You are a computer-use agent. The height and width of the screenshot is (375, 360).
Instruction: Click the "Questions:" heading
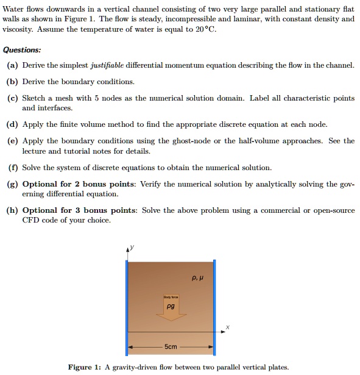[x=22, y=50]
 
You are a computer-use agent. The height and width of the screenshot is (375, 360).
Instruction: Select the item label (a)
[x=12, y=65]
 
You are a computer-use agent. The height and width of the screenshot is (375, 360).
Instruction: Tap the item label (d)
[x=12, y=124]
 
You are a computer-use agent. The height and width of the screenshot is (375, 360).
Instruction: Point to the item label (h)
[x=12, y=210]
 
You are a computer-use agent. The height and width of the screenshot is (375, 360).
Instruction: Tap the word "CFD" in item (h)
[x=30, y=220]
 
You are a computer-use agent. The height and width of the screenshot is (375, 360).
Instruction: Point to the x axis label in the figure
[x=227, y=327]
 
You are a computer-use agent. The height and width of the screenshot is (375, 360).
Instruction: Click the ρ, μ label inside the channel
[x=196, y=276]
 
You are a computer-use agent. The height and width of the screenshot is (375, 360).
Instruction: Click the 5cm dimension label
[x=171, y=347]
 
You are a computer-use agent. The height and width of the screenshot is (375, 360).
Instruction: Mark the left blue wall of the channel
[x=127, y=305]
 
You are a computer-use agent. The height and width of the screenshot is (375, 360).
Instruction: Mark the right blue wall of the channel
[x=214, y=305]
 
